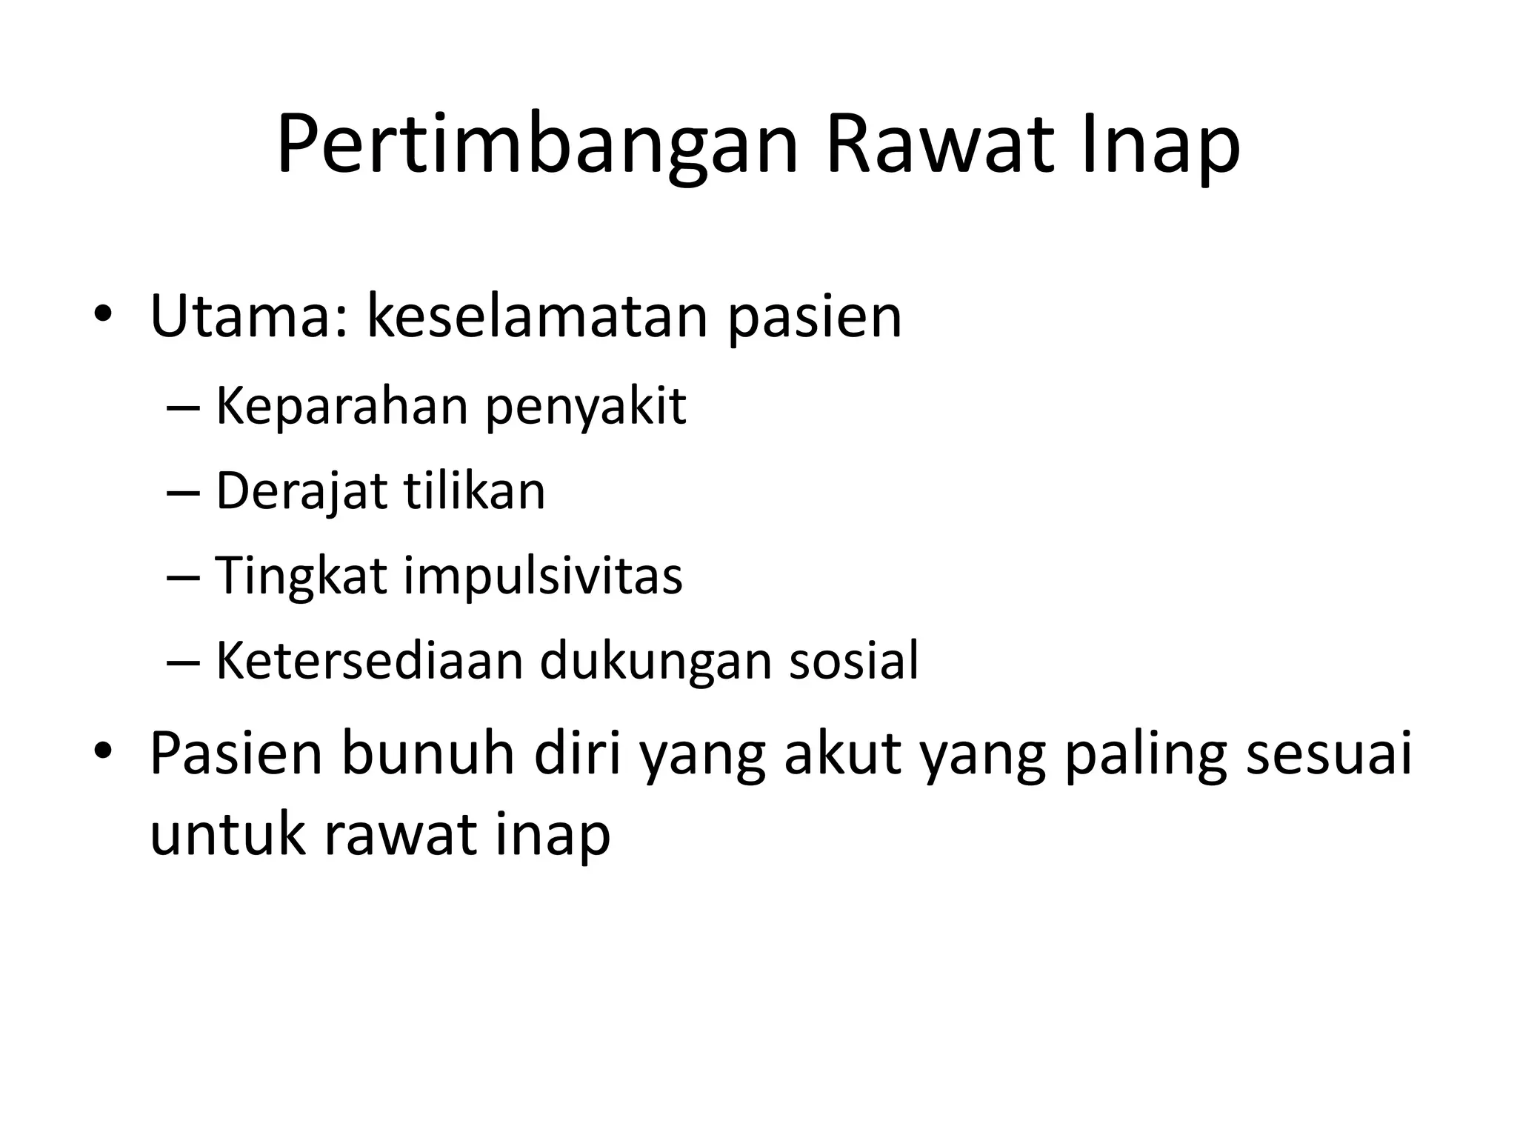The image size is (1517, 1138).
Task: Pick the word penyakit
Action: [x=586, y=408]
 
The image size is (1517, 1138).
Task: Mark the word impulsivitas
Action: [x=543, y=576]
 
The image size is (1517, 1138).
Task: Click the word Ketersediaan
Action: [x=370, y=660]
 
